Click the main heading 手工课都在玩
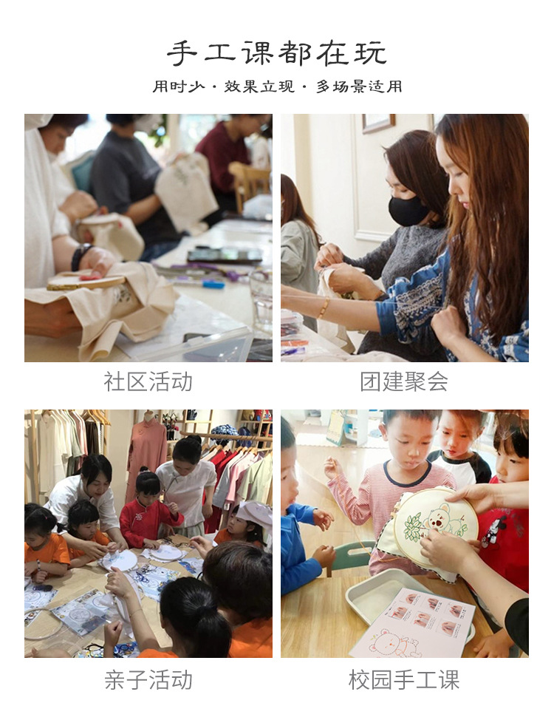tap(276, 53)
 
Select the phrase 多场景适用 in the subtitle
tap(359, 86)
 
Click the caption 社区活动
tap(148, 381)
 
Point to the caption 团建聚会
tap(404, 381)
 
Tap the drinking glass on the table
tap(261, 296)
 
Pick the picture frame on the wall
tap(378, 123)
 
